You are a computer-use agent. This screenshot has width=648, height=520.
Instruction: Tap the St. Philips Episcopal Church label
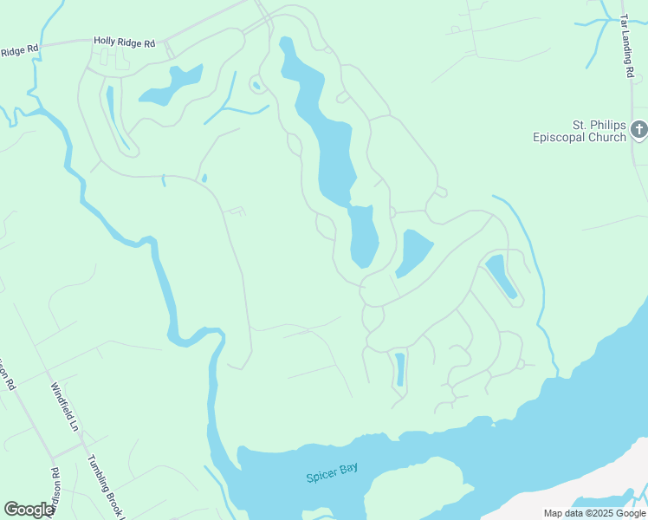point(580,131)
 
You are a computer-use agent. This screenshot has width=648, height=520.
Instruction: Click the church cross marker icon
point(639,130)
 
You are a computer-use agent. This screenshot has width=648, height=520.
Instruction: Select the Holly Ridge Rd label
point(124,41)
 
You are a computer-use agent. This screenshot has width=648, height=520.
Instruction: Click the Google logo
point(29,510)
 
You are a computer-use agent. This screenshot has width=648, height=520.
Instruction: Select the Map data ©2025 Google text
point(595,513)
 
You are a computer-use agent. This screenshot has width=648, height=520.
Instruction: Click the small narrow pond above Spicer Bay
point(399,369)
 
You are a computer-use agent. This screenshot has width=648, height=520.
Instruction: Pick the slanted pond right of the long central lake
point(415,252)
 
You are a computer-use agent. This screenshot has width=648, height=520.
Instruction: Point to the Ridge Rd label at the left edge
point(19,50)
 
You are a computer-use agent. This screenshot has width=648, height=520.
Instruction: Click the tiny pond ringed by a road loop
point(256,85)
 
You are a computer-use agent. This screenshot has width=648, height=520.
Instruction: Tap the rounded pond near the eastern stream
point(500,276)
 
